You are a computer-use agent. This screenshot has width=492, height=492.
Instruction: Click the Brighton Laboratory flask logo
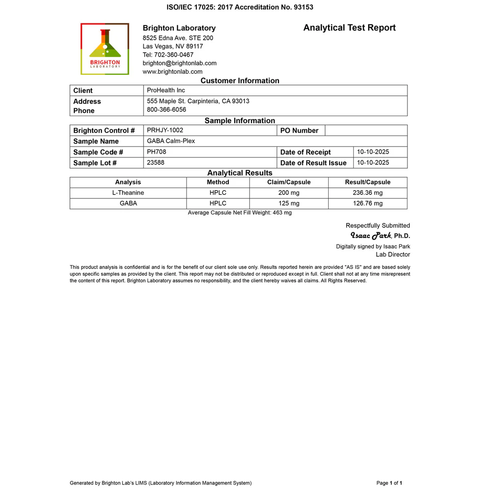tap(105, 49)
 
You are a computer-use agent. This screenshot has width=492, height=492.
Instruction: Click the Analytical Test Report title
tap(349, 28)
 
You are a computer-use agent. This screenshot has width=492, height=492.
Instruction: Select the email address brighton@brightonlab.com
tap(180, 63)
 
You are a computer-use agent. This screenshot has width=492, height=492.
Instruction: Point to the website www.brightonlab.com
tap(172, 71)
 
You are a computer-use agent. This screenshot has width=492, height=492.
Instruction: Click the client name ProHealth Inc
tap(166, 91)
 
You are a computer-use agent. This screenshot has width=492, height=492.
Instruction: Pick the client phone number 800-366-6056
tap(166, 110)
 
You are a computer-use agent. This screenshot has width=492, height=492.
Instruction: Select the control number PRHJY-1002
tap(165, 130)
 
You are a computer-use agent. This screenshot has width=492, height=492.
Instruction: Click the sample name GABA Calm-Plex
tap(171, 141)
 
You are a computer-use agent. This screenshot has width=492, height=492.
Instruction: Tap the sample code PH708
tap(156, 152)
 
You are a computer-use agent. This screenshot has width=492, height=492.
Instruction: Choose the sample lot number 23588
tap(155, 163)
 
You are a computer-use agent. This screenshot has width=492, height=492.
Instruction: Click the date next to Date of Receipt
tap(373, 152)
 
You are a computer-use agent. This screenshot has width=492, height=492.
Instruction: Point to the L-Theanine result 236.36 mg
tap(368, 193)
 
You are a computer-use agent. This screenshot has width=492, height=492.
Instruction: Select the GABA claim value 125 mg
tap(289, 203)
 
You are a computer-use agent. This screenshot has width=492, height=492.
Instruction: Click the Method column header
tap(218, 182)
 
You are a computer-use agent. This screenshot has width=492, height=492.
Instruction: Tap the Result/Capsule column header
tap(368, 182)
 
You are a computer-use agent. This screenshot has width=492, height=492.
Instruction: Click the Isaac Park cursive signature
tap(370, 235)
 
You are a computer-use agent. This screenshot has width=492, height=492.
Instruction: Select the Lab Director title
tap(393, 254)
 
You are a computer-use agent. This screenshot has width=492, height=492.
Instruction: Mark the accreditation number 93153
tap(302, 7)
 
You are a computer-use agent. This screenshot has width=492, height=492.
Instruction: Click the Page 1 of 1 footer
tap(389, 483)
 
